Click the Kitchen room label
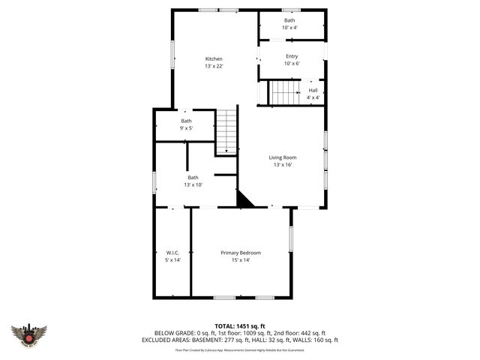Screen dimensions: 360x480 (214, 59)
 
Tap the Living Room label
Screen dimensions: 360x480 (283, 157)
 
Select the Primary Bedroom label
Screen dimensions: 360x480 (241, 253)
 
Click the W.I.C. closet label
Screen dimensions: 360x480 (172, 253)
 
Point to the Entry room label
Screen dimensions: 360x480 (292, 56)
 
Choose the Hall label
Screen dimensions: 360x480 (313, 90)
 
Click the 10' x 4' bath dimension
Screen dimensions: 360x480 (289, 28)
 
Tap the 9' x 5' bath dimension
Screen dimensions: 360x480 (186, 128)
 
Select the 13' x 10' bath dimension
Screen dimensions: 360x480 (193, 184)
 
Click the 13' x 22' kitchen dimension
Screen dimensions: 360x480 (214, 67)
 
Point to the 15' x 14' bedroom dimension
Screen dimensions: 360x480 (241, 260)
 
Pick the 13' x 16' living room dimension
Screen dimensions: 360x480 (283, 165)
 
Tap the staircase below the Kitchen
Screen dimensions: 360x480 (226, 131)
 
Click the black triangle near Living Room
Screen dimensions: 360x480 (244, 199)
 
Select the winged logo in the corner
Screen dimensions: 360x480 (29, 334)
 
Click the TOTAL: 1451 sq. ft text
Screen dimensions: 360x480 (240, 325)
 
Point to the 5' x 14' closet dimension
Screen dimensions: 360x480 (172, 260)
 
